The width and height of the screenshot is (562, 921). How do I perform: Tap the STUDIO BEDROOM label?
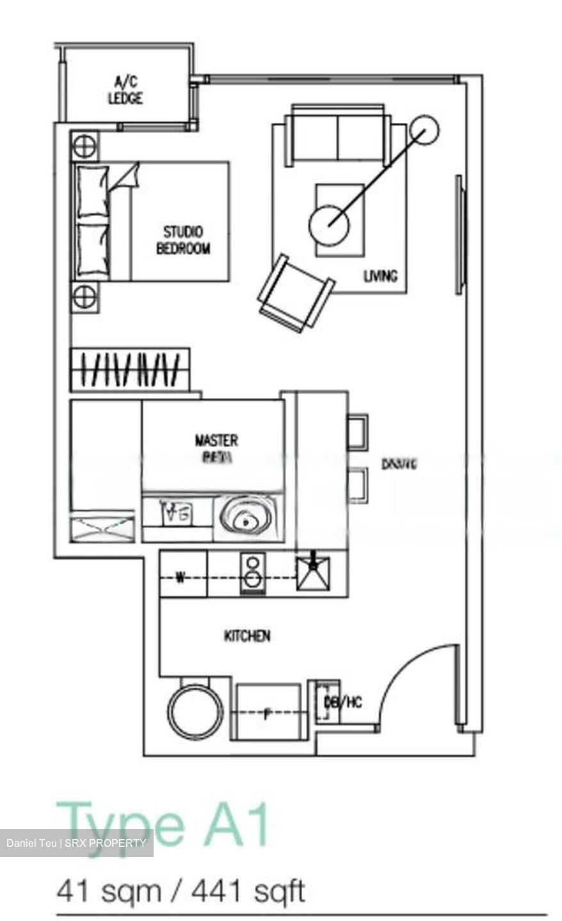[183, 240]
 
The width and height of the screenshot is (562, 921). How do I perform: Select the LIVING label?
[380, 276]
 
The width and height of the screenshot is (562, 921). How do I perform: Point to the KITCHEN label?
[247, 636]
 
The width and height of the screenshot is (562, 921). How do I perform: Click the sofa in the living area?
[339, 134]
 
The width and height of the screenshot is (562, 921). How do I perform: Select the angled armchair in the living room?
[295, 294]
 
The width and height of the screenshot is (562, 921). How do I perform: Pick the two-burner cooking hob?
[253, 573]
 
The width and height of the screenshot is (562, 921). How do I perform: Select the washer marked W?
[182, 578]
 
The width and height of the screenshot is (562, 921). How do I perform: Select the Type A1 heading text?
[164, 824]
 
